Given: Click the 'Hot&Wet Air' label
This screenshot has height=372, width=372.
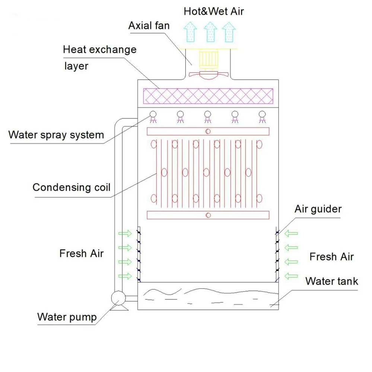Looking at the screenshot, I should pos(214,11).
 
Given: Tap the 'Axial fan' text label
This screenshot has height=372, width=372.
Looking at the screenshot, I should pos(149,26).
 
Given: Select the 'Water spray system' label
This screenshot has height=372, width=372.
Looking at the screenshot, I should pos(56,134).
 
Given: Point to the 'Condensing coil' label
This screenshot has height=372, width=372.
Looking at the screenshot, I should pos(71,187).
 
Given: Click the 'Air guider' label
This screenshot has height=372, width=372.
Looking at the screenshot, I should pos(318,209).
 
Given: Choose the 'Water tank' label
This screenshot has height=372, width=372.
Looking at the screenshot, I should pos(331,281).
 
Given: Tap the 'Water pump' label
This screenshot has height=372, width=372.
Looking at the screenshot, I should pos(67,317).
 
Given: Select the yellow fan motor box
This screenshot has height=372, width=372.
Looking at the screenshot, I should pos(209,59).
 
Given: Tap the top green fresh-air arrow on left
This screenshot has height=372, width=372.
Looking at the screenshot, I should pos(125,233).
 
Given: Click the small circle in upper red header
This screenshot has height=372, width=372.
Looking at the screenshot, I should pos(208,131).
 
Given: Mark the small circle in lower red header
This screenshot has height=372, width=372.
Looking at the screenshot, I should pos(208,215).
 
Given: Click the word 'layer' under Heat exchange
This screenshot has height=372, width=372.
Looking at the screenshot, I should pos(76,66).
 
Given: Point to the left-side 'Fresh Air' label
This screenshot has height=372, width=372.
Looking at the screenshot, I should pos(81,254).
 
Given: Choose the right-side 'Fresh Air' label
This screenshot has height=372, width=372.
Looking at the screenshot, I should pos(331,257).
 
